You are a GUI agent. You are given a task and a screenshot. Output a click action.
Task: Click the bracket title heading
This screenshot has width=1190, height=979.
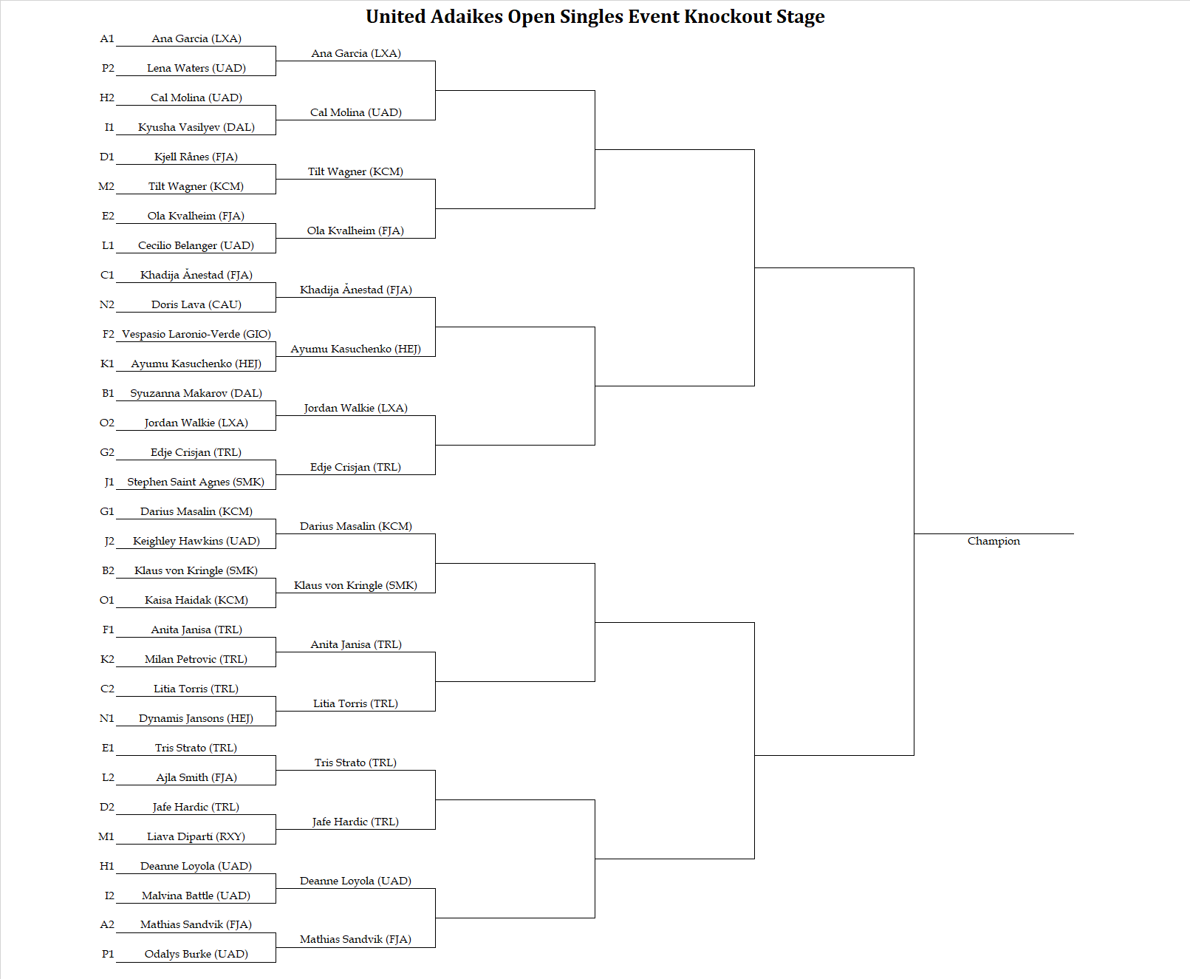595,16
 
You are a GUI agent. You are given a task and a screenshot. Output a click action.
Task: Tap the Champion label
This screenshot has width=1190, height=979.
994,541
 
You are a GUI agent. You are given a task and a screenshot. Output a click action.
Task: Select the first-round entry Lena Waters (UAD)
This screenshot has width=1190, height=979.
196,68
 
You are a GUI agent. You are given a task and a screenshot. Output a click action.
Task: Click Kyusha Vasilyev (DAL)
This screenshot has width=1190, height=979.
196,127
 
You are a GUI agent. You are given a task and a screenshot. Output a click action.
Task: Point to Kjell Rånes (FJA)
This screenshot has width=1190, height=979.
196,157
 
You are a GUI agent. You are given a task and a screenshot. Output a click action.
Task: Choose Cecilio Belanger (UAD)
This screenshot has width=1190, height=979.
196,245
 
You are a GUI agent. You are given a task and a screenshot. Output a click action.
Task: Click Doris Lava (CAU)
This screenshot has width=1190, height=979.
196,304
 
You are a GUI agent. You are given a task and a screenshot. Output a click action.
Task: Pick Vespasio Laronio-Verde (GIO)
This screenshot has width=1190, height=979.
196,333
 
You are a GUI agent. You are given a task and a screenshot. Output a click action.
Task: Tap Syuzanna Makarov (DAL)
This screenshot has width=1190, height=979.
196,393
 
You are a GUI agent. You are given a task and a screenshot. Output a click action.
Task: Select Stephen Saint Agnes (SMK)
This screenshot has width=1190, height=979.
196,481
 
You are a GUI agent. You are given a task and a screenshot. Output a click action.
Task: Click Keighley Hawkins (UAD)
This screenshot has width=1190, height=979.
196,541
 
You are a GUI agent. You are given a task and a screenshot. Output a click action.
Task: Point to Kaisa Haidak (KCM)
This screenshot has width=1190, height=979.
196,600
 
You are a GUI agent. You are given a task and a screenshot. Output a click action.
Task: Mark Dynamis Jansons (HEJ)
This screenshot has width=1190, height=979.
196,717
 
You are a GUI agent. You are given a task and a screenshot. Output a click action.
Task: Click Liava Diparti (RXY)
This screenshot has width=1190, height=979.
196,836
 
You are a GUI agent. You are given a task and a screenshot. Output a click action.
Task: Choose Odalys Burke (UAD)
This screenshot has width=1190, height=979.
196,954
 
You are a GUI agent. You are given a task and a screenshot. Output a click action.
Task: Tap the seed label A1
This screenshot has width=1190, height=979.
107,38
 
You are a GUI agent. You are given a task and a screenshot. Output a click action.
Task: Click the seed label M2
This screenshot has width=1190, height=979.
106,186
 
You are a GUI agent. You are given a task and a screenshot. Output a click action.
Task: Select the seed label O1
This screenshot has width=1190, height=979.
106,600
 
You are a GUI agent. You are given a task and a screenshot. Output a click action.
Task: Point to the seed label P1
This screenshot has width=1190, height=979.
108,954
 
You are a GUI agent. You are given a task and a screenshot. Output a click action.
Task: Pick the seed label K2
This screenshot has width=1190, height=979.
107,659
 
